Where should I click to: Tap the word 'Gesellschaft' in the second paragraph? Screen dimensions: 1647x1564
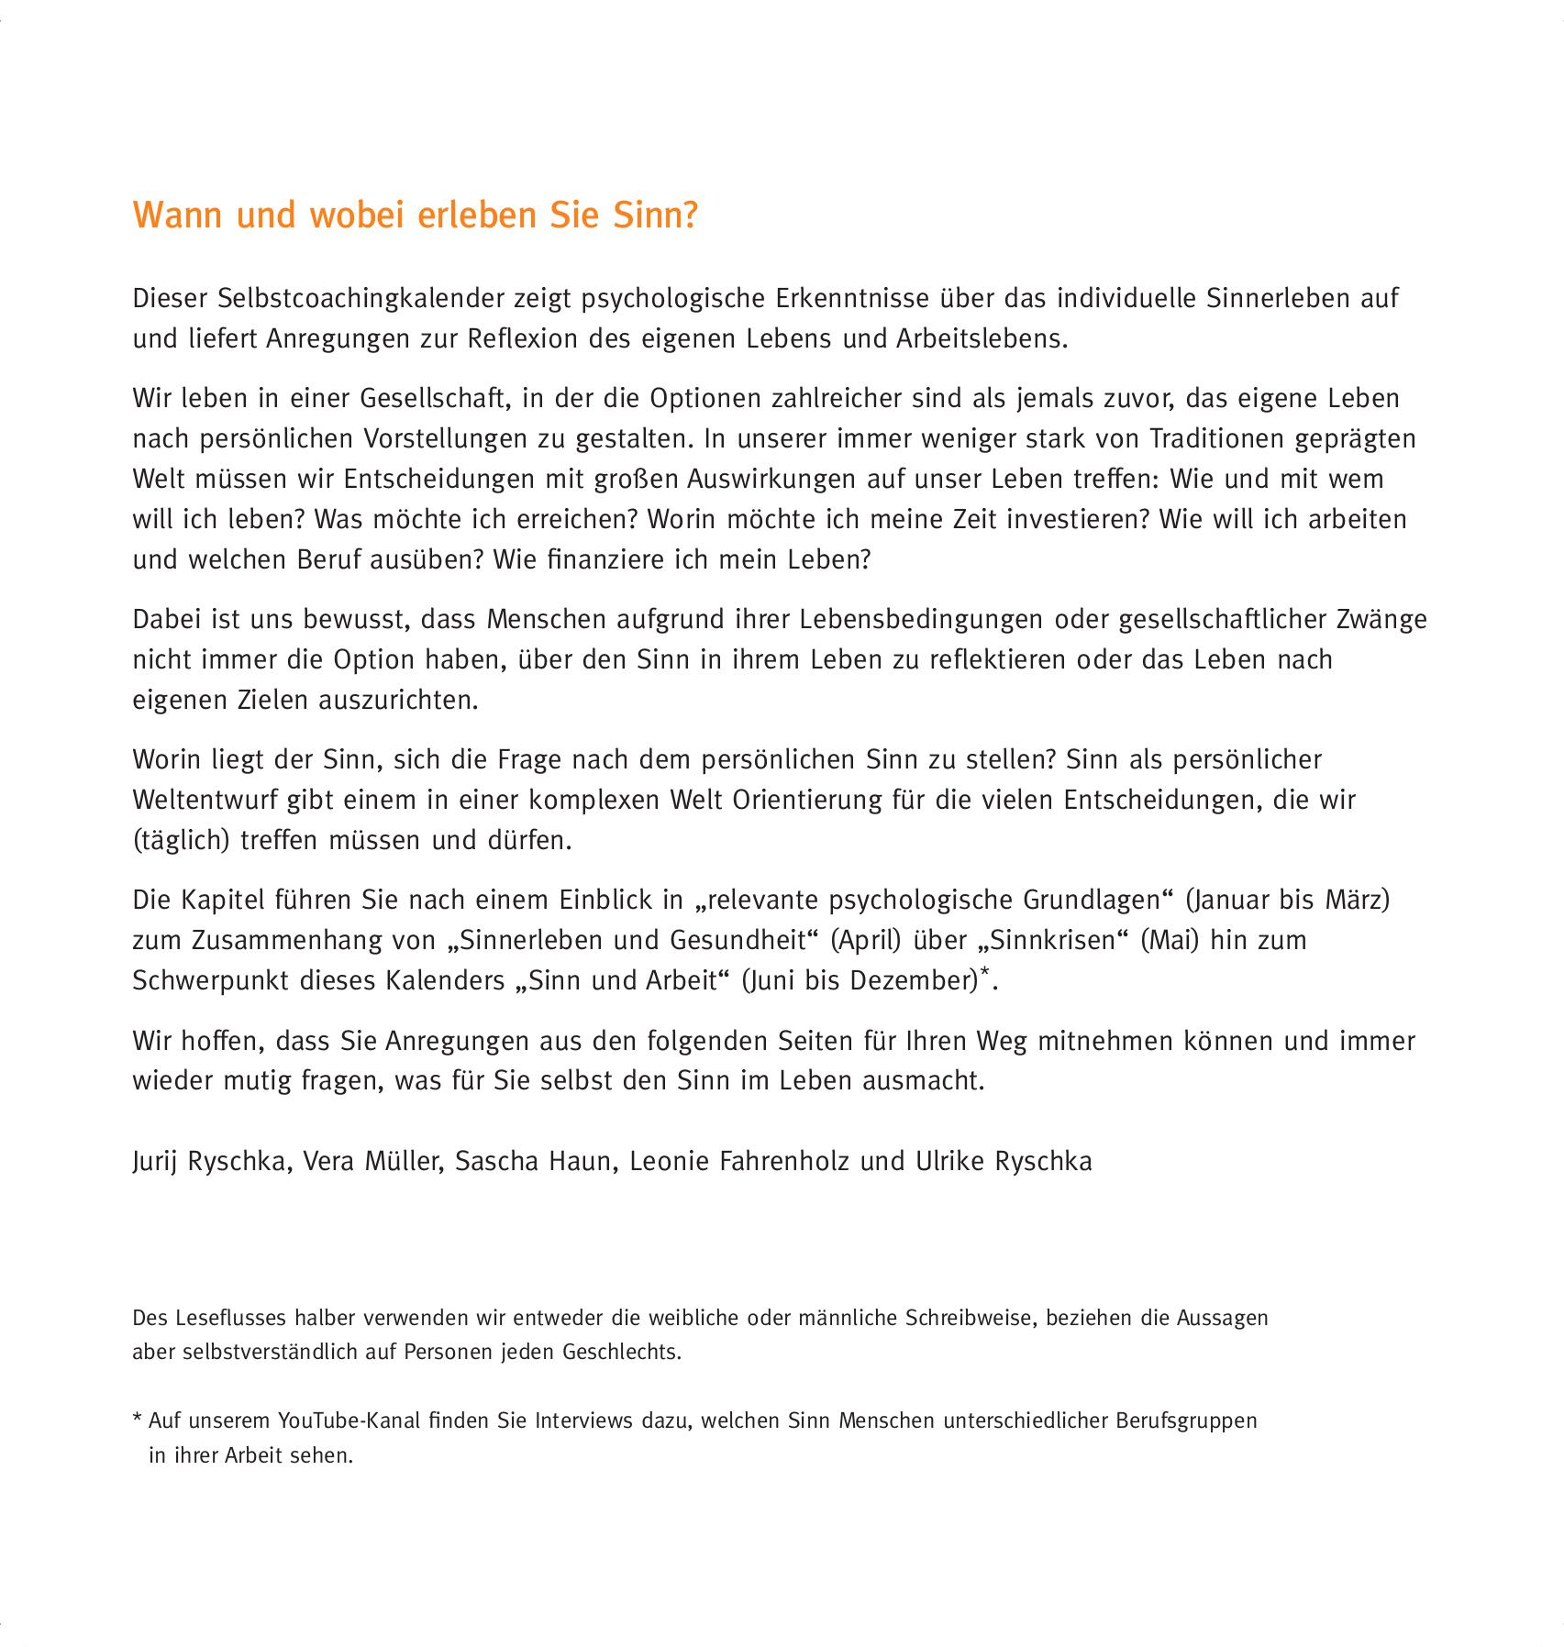(435, 399)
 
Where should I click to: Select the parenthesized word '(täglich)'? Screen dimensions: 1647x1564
(182, 840)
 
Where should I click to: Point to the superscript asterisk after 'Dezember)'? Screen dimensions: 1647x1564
(985, 973)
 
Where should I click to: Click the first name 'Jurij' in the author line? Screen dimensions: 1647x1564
(157, 1162)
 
